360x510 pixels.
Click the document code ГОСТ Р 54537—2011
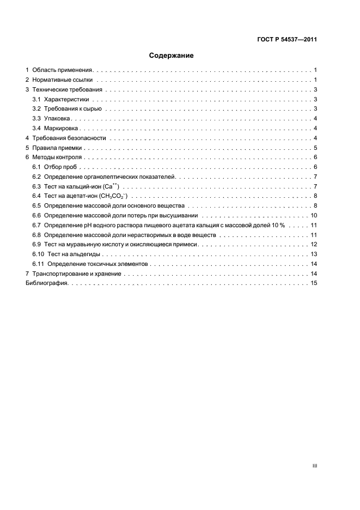286,40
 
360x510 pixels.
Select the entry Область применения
63,70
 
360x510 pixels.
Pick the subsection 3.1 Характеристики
61,100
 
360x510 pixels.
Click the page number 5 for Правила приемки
315,148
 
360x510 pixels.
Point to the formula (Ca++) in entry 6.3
111,186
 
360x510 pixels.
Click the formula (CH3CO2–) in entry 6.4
113,196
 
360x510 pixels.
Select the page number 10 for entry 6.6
314,216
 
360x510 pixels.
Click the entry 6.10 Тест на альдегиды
67,254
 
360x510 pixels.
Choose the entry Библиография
46,283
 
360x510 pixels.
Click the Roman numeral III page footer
314,466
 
